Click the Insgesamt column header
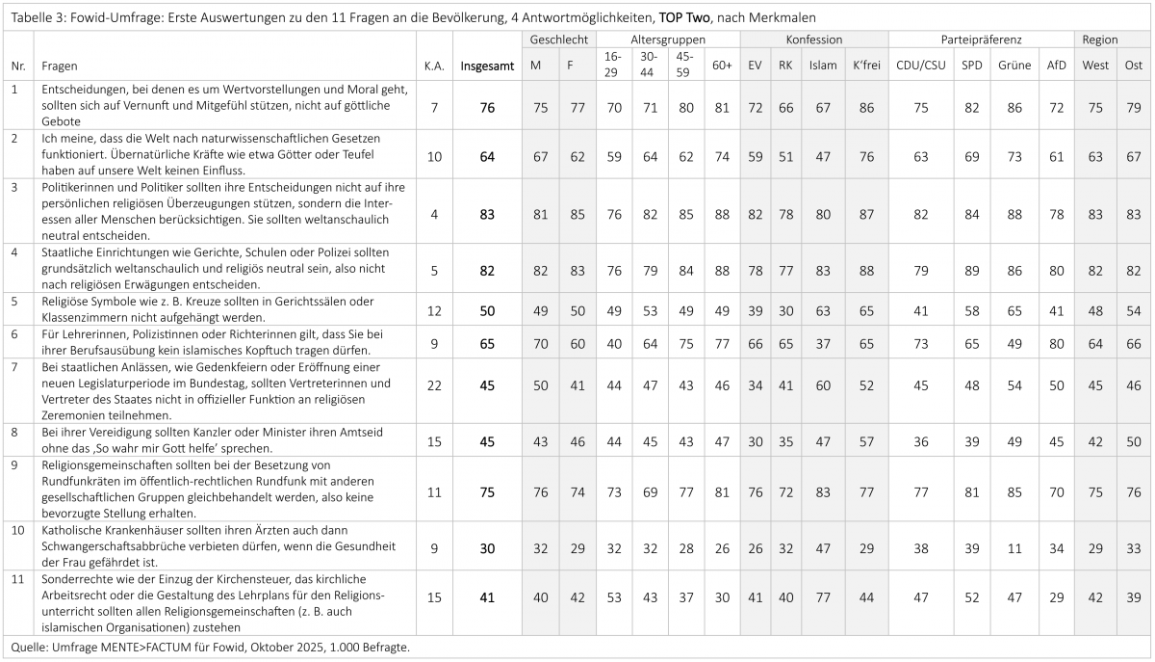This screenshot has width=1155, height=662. pos(487,66)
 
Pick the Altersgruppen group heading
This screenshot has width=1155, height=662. pos(668,40)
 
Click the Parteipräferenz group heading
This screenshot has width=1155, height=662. pos(980,40)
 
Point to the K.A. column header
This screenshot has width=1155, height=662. pos(434,66)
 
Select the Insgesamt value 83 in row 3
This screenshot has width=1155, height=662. pos(487,214)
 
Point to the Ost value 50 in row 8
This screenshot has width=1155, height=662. pos(1133,441)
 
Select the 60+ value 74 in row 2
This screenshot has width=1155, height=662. pos(722,156)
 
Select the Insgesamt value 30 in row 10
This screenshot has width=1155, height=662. pos(487,548)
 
